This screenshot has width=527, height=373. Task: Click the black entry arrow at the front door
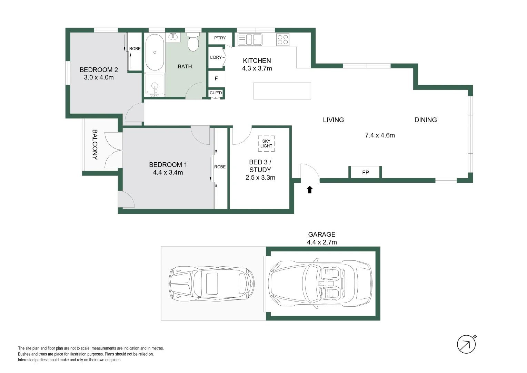[310, 190]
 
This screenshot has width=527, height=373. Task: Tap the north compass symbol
[466, 344]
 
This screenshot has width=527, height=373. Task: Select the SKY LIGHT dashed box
[266, 144]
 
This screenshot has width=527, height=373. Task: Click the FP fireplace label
[366, 172]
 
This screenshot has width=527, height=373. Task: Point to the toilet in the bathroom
[193, 42]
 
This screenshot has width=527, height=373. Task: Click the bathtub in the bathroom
[155, 52]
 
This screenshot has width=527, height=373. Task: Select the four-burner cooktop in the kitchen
[283, 40]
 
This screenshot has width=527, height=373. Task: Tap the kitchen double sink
[250, 40]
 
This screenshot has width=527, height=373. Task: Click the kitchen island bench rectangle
[282, 91]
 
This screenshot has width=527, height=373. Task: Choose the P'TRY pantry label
[220, 38]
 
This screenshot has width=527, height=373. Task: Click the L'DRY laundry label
[216, 57]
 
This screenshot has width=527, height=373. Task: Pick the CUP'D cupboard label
[216, 93]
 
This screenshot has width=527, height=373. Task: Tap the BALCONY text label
[95, 144]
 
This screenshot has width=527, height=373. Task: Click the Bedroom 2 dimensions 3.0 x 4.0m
[99, 77]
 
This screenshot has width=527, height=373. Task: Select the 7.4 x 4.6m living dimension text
[380, 135]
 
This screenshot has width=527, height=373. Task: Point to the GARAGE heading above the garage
[321, 235]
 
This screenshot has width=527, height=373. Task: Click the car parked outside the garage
[212, 283]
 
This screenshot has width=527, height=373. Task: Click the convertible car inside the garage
[320, 283]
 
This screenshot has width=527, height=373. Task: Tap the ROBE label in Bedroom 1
[220, 167]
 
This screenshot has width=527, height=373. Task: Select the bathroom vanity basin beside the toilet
[173, 37]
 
